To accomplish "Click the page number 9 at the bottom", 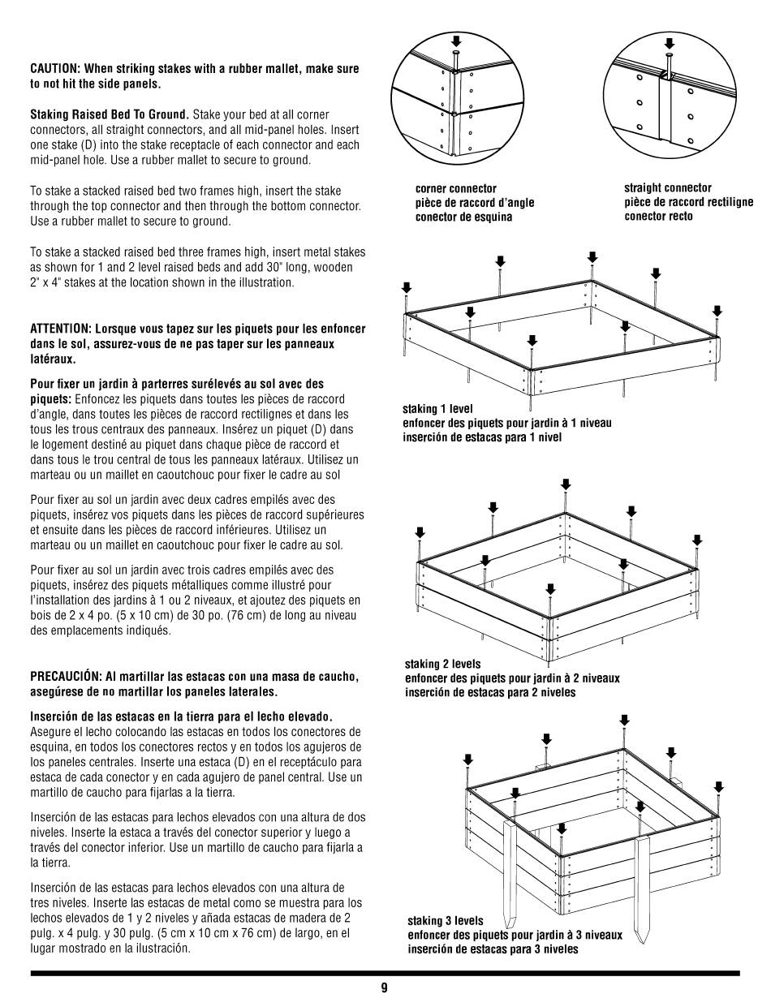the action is [384, 988].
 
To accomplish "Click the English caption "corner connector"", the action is [455, 188].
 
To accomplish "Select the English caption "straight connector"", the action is [667, 187].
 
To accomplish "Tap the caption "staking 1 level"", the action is [437, 409].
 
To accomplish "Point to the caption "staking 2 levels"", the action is [442, 664].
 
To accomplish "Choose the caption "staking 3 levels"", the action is [446, 921].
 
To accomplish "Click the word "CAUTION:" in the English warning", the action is [56, 69].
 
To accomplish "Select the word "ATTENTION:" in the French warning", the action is [60, 329].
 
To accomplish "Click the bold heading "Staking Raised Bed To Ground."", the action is [110, 114].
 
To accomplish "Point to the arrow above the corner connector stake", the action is [456, 41].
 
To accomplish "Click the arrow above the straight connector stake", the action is [669, 44].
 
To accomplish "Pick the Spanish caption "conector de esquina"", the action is [463, 217].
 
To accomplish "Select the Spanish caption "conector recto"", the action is [658, 216].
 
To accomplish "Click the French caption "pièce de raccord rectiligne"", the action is [688, 202].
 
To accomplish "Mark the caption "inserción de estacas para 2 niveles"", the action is [490, 692].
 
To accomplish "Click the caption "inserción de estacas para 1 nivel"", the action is [482, 437].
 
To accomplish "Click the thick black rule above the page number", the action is [385, 973].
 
